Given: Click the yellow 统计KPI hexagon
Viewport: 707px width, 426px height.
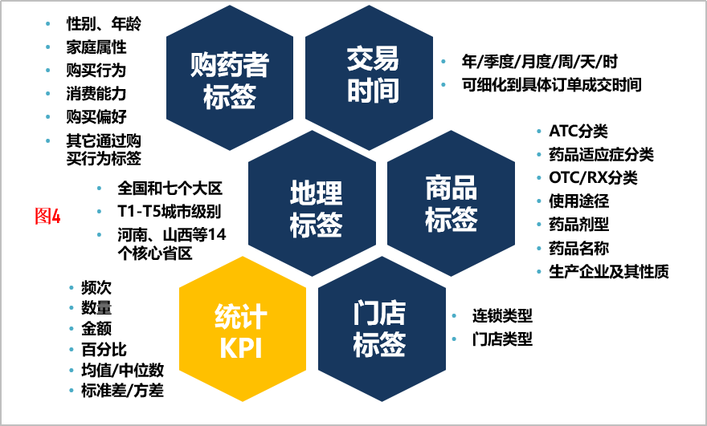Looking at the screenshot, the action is (243, 329).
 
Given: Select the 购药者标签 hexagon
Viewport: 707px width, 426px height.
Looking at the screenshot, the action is (230, 78).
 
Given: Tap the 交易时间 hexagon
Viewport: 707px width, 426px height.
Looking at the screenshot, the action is (370, 78).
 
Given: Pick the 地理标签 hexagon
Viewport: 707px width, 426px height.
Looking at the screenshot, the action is (312, 203).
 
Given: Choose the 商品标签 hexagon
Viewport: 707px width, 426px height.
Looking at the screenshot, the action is (451, 203).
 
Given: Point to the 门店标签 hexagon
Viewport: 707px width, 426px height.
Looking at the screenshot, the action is (382, 329).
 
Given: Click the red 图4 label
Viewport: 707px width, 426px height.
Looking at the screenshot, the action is (47, 216).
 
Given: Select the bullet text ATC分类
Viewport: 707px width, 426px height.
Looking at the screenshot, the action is (578, 131).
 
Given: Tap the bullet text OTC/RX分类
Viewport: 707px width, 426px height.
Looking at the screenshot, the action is (593, 177).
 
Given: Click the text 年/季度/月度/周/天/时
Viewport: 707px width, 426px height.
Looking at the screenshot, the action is (539, 61).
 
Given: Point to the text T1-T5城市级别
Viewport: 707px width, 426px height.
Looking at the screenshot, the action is (169, 211).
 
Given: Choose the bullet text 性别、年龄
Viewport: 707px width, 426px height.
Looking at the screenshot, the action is (104, 23).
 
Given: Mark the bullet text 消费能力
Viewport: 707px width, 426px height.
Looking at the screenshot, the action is (96, 94).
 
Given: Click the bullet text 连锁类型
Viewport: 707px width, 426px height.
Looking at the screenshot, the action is (502, 315).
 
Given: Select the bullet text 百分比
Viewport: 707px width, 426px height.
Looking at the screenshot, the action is (104, 349).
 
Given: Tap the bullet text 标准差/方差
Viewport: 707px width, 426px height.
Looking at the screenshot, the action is (122, 390).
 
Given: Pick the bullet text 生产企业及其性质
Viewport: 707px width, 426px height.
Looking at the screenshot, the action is (608, 271).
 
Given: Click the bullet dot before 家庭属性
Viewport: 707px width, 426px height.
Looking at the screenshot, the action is (47, 47).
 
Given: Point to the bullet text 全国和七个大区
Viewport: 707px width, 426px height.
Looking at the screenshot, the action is (170, 189).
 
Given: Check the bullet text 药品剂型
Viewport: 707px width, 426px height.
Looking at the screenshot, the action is (578, 225).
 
